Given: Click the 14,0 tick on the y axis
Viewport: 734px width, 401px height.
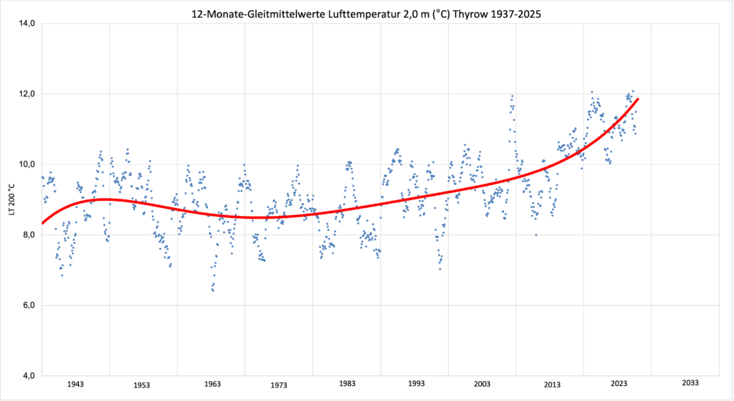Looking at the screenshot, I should (28, 24).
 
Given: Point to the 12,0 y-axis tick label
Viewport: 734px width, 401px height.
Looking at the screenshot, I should (28, 94).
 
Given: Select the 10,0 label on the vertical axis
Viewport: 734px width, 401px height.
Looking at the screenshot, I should (28, 164).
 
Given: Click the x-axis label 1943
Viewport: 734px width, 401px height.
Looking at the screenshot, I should (75, 385).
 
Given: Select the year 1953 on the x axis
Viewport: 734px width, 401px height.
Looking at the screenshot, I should (142, 385).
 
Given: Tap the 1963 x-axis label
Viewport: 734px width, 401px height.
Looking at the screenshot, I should (211, 385).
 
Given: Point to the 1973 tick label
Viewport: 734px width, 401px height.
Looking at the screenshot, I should (280, 385).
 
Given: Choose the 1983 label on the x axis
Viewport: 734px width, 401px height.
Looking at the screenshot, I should (347, 385).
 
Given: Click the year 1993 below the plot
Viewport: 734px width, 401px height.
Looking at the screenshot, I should (416, 385).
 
